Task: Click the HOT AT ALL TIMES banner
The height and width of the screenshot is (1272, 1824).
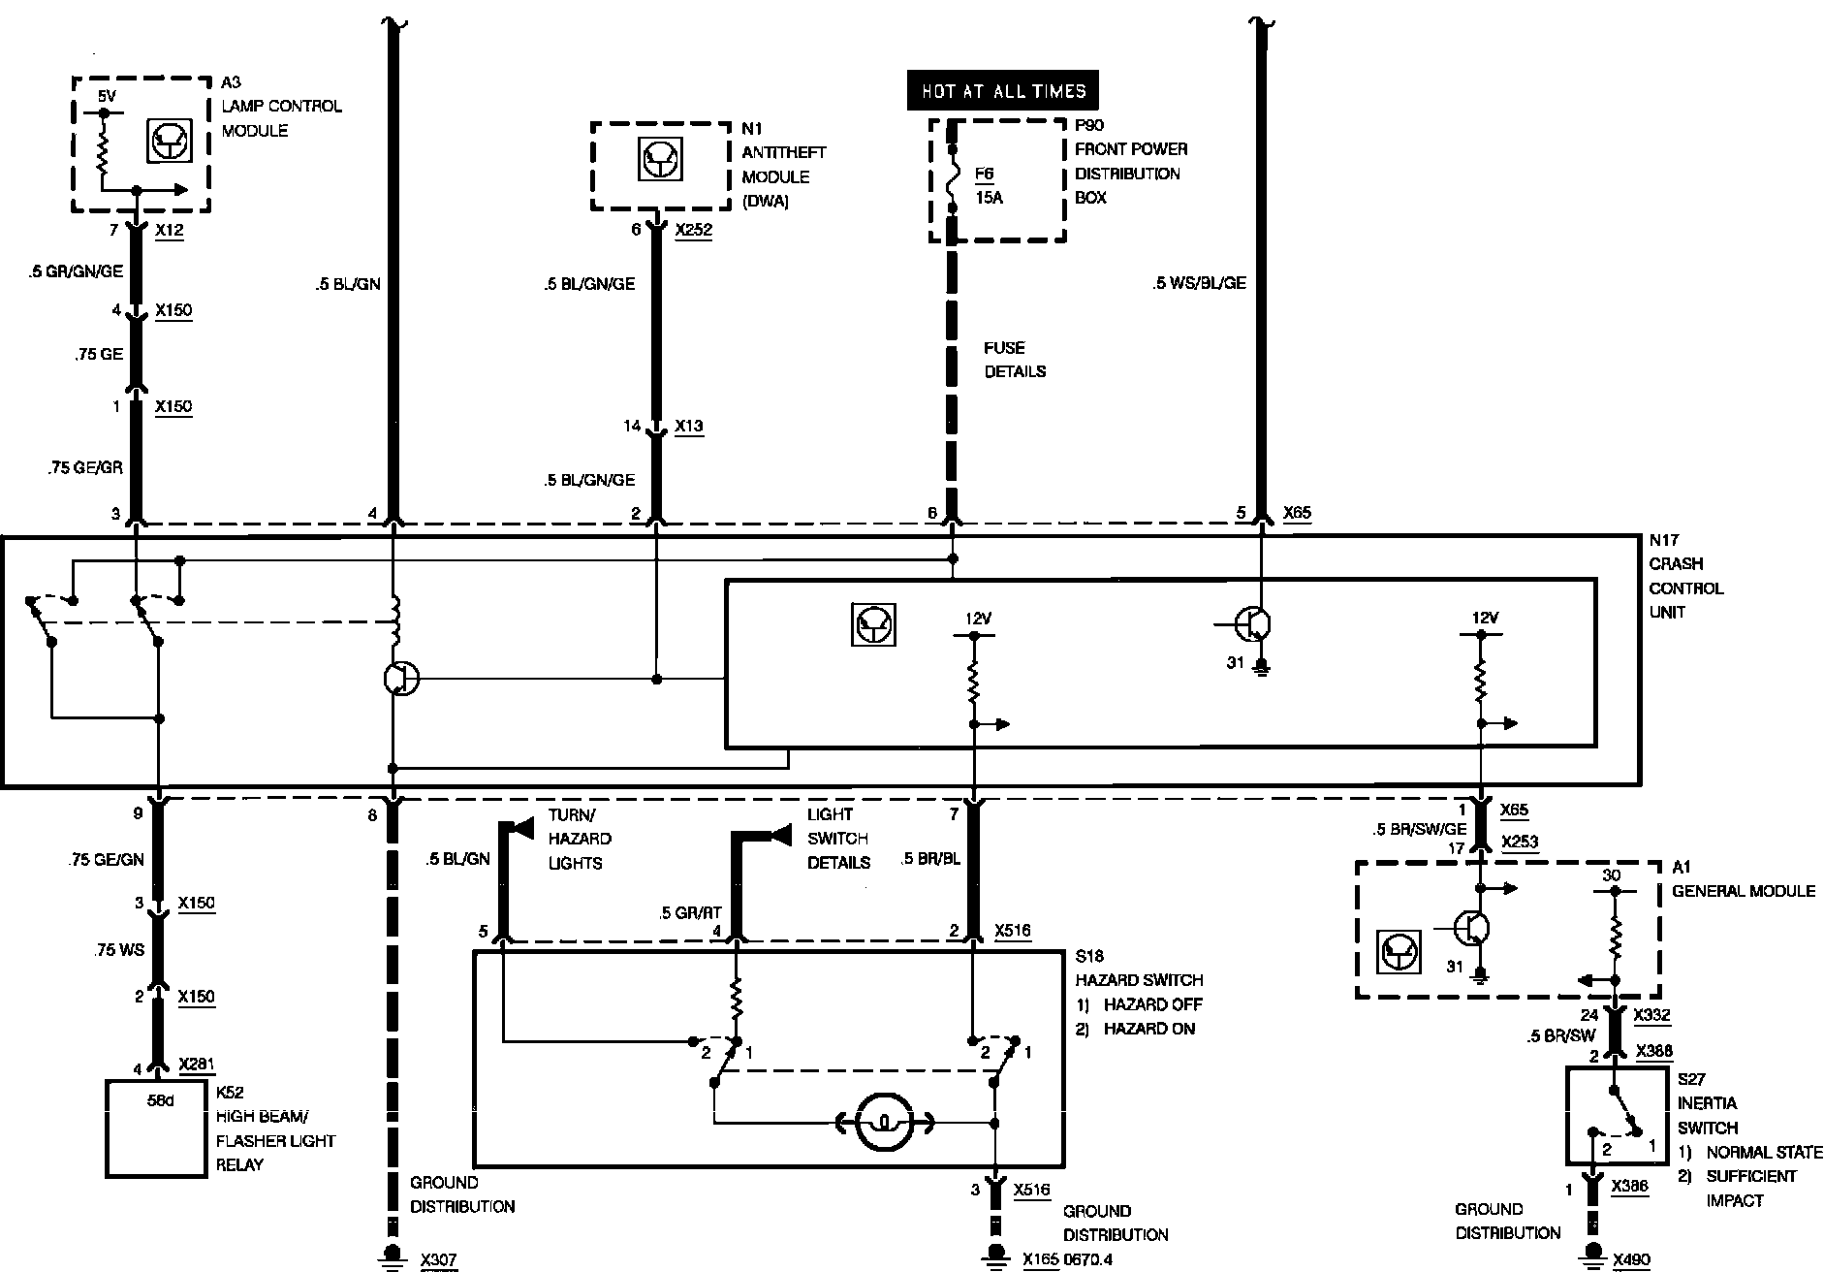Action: [x=1003, y=91]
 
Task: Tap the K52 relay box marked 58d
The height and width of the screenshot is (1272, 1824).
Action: [x=156, y=1128]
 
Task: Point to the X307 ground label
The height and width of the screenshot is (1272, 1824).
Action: [x=438, y=1260]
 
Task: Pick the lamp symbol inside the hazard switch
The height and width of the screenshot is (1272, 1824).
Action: [x=884, y=1123]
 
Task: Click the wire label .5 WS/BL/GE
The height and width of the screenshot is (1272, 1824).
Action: [x=1199, y=283]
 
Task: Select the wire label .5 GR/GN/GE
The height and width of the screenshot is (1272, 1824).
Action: [x=76, y=271]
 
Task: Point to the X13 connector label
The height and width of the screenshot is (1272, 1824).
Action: [x=688, y=426]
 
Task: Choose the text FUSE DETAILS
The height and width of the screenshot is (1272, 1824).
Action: [x=1015, y=360]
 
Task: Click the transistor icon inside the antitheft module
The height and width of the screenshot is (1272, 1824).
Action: [x=662, y=159]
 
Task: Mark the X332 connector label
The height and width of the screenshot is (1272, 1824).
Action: [x=1651, y=1015]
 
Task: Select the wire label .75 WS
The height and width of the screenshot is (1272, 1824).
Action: [x=119, y=950]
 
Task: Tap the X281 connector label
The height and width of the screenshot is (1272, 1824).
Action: [x=197, y=1065]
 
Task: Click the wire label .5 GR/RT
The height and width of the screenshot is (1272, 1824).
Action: [x=690, y=912]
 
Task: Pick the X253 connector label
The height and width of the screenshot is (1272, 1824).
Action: [x=1519, y=843]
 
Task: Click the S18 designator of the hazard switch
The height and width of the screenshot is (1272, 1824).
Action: [x=1089, y=956]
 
